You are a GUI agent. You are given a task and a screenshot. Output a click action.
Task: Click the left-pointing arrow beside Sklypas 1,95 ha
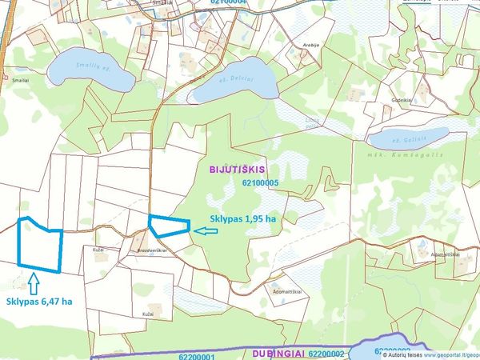point(206,231)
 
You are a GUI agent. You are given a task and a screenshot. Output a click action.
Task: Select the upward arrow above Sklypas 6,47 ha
point(33,282)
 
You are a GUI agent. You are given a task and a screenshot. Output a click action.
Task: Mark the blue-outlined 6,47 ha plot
point(40,242)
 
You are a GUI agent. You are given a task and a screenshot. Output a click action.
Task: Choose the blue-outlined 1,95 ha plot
point(169,226)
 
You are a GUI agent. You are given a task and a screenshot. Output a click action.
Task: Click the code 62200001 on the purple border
point(198,354)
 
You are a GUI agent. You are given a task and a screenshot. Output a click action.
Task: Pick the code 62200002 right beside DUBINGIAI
point(326,353)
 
